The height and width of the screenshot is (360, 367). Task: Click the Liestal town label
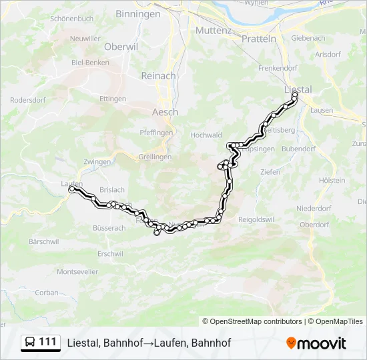298,89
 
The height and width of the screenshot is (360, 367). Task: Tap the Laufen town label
71,183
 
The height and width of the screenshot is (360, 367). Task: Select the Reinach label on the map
158,76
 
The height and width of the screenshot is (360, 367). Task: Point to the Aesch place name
165,112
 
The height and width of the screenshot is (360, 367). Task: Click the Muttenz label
213,31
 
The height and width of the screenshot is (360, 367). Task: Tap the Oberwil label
120,47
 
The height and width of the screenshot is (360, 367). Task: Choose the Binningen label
137,14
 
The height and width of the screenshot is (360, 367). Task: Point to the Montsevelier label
77,271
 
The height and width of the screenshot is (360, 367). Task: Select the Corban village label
47,292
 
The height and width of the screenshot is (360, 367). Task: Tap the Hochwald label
206,135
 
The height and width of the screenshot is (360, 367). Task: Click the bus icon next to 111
30,343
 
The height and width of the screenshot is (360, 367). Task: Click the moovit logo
316,343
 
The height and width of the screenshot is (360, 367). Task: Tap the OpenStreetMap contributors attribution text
252,321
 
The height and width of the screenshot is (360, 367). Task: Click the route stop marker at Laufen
71,189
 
